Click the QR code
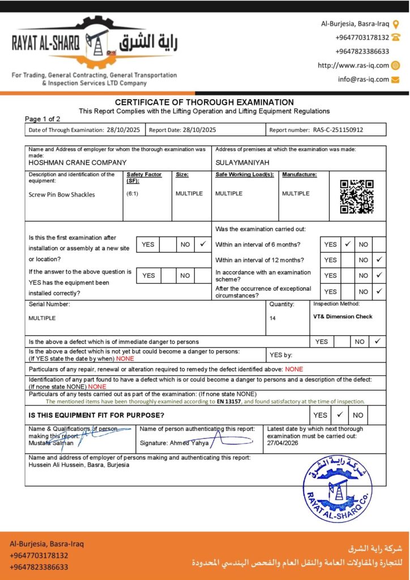[x=357, y=197]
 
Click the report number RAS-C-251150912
[x=338, y=130]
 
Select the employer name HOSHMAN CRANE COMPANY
[x=70, y=162]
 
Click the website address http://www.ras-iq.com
[x=353, y=65]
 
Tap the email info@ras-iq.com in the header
[x=364, y=79]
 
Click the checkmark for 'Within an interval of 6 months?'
[x=348, y=244]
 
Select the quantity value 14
[x=272, y=318]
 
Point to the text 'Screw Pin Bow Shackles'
[x=62, y=194]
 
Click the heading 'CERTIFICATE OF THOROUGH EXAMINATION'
[x=204, y=102]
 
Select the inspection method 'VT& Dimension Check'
[x=343, y=317]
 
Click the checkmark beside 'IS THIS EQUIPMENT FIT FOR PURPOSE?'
[x=340, y=415]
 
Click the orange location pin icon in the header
[x=396, y=24]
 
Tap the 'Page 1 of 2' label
[x=42, y=119]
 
